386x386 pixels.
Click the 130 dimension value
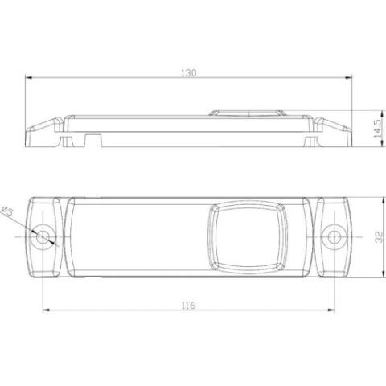[188, 72]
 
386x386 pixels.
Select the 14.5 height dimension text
[376, 129]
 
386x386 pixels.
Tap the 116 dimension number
[188, 306]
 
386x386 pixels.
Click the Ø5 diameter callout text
[7, 211]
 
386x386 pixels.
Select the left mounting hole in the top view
[43, 236]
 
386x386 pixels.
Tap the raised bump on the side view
[246, 112]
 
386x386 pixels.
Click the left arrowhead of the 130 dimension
[27, 79]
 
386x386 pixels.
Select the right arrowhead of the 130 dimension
[350, 79]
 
